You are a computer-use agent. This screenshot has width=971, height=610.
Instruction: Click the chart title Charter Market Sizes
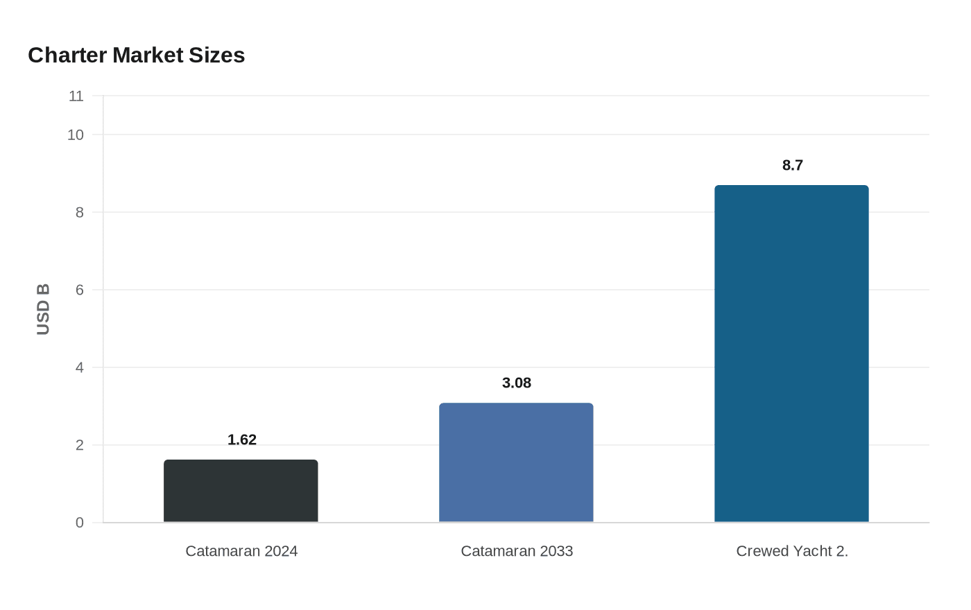136,55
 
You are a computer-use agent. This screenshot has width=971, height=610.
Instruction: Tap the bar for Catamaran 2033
516,462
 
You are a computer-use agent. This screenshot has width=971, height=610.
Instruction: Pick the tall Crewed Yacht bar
791,354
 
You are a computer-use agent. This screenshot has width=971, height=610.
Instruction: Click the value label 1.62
242,440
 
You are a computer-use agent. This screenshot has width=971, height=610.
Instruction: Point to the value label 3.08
517,383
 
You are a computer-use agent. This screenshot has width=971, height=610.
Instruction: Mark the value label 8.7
793,166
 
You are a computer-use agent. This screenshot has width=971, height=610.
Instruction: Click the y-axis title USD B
43,309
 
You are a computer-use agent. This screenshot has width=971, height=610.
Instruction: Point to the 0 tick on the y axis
80,523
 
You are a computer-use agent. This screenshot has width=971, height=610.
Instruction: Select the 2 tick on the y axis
80,445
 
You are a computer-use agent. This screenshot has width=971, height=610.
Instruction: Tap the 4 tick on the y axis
80,367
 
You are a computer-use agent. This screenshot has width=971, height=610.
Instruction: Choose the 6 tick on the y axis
80,290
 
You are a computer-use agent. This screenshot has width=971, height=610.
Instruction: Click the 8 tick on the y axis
80,212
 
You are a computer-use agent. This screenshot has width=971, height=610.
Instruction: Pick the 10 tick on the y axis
76,135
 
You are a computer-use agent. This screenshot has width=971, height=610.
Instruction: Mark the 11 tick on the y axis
76,96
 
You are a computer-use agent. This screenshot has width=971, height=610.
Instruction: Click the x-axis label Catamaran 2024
241,551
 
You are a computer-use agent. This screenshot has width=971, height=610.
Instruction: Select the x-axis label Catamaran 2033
517,551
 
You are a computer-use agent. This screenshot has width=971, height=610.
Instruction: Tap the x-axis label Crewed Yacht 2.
792,551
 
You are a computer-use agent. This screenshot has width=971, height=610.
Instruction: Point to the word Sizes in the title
218,55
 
